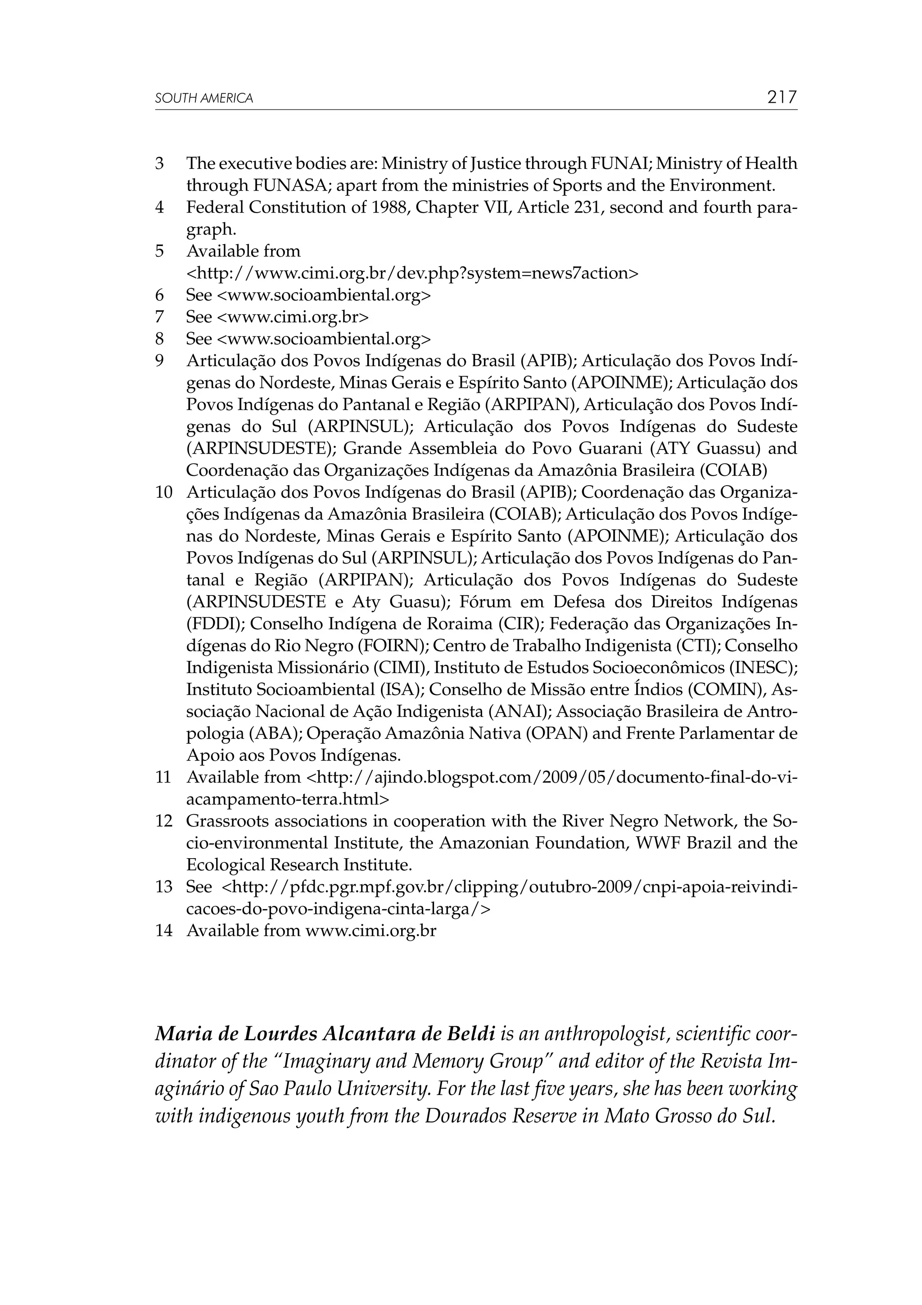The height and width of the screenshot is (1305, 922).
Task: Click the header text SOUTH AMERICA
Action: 204,98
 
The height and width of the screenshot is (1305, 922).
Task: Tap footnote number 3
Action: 160,164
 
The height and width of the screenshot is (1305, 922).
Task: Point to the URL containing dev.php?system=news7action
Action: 412,273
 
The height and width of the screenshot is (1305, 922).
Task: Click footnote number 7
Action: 160,317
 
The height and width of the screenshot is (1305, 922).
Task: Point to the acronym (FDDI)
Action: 216,624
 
